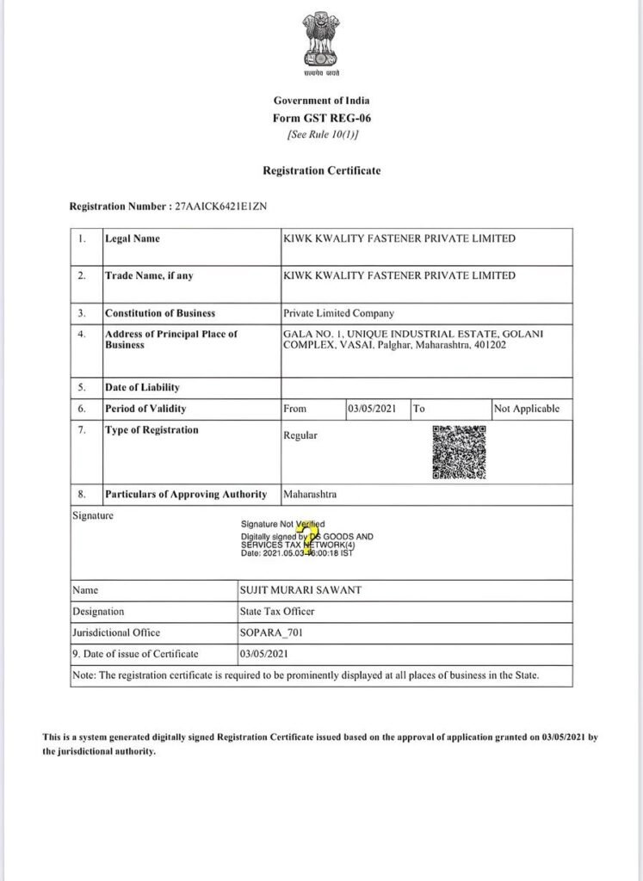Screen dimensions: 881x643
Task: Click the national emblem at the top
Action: (x=321, y=42)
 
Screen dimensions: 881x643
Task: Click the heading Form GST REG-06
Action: (x=321, y=118)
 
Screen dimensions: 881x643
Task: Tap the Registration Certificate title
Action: (x=321, y=170)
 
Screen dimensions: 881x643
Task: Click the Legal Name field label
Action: (x=132, y=238)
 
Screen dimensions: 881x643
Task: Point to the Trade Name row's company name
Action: (x=399, y=275)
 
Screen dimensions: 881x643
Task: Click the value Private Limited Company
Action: (x=338, y=313)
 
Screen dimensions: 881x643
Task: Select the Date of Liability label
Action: (x=142, y=387)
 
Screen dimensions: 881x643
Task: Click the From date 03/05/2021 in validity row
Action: (x=372, y=409)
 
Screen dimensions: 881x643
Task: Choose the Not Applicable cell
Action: (x=527, y=409)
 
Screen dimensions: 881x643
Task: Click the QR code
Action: (x=457, y=453)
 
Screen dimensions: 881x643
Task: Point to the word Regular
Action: (x=300, y=435)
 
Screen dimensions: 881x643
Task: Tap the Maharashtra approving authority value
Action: (x=309, y=495)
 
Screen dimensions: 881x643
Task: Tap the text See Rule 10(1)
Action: (x=321, y=135)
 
